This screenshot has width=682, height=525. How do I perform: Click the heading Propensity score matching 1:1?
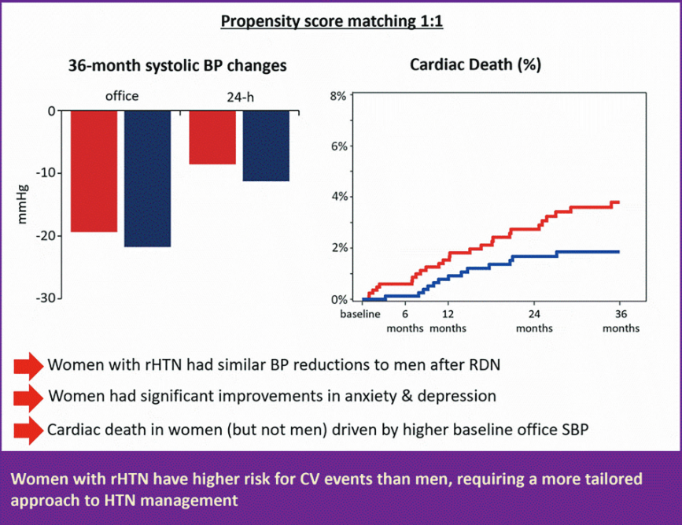point(332,22)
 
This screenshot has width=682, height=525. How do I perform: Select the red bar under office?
point(94,171)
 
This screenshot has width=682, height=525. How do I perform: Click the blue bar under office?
point(147,179)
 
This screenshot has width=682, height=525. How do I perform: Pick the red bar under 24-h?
point(212,137)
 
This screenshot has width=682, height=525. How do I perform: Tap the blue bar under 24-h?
point(266,146)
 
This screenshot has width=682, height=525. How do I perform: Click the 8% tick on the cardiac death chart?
point(338,96)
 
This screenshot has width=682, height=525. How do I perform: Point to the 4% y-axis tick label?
point(338,197)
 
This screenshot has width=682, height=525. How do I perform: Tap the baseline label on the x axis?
point(360,314)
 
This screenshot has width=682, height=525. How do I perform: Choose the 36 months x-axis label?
point(620,321)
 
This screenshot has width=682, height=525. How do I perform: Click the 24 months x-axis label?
point(534,321)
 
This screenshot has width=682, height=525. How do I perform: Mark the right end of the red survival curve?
point(619,202)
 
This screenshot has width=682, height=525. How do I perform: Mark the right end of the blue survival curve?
point(619,252)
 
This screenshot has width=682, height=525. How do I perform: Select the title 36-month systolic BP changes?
point(177,66)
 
